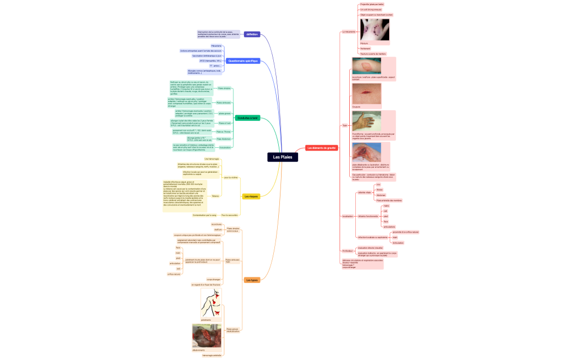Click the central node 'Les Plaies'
283,157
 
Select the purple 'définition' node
252,34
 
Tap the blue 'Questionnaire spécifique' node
243,61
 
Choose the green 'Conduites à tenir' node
247,118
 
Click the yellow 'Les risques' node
251,196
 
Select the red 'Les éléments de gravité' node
321,148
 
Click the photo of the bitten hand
374,29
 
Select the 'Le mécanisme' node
349,32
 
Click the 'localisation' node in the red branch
348,216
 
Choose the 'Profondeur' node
348,251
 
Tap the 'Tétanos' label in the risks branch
215,196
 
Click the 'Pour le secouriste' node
229,215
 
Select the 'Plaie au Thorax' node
223,132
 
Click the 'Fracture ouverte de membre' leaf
373,54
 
